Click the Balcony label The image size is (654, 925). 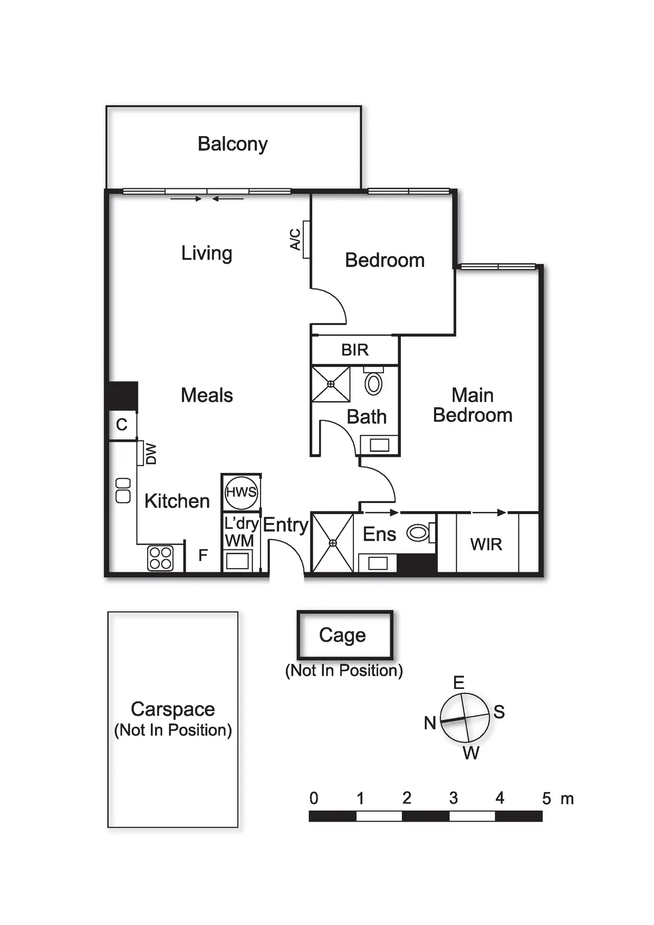pyautogui.click(x=233, y=144)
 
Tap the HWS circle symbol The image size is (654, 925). pyautogui.click(x=241, y=493)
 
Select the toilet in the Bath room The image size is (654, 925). pyautogui.click(x=373, y=384)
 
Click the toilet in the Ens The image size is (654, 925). pyautogui.click(x=418, y=533)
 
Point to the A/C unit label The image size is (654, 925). pyautogui.click(x=295, y=239)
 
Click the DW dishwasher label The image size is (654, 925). pyautogui.click(x=151, y=454)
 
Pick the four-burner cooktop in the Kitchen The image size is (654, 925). pyautogui.click(x=160, y=558)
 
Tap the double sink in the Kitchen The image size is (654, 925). pyautogui.click(x=123, y=490)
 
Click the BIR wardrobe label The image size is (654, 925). pyautogui.click(x=354, y=350)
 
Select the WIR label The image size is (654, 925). pyautogui.click(x=486, y=544)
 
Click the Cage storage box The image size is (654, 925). pyautogui.click(x=345, y=635)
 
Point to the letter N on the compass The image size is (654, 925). pyautogui.click(x=430, y=722)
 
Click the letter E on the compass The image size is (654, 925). pyautogui.click(x=459, y=683)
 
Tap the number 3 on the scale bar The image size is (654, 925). pyautogui.click(x=454, y=798)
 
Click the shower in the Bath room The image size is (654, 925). pyautogui.click(x=331, y=384)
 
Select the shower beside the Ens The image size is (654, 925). pyautogui.click(x=333, y=543)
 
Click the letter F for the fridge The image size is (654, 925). pyautogui.click(x=203, y=555)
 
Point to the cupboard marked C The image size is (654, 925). pyautogui.click(x=122, y=425)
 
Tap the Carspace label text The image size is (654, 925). pyautogui.click(x=173, y=709)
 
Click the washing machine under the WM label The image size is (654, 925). pyautogui.click(x=237, y=561)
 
